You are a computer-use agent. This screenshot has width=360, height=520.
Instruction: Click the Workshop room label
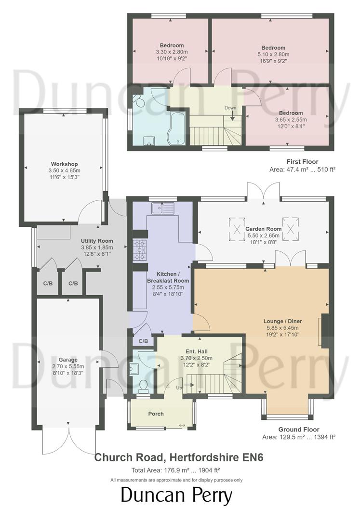(x=64, y=164)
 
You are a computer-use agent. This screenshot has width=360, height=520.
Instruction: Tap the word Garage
(x=68, y=360)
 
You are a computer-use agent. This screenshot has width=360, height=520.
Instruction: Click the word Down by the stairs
(x=230, y=108)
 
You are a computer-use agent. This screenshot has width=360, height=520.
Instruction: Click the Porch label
(x=156, y=414)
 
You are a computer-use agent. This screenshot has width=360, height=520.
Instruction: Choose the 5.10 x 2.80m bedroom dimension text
(x=273, y=54)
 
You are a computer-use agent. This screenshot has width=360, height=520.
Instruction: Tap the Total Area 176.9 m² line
(x=176, y=470)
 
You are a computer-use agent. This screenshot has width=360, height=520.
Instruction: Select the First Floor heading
(x=302, y=162)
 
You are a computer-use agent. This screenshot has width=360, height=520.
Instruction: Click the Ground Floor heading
(x=298, y=429)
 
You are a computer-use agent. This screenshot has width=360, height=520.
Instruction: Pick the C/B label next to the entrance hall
(x=143, y=341)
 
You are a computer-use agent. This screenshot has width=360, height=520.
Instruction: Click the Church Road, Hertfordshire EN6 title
(x=176, y=457)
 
